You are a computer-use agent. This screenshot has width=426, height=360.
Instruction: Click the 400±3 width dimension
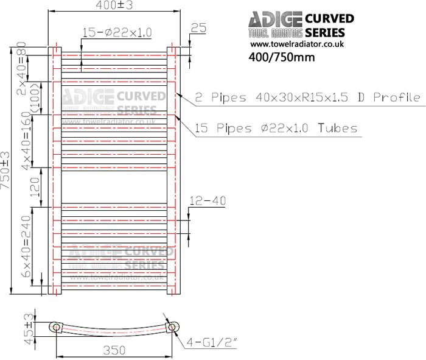click(114, 5)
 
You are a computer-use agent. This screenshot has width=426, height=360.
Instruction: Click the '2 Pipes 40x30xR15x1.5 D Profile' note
click(307, 97)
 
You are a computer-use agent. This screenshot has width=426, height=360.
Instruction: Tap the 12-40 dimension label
click(208, 200)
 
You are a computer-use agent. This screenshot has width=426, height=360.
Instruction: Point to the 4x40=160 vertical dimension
click(26, 140)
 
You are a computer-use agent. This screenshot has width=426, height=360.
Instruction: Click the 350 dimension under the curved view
click(114, 350)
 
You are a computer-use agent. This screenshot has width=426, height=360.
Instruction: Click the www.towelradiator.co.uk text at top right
click(297, 44)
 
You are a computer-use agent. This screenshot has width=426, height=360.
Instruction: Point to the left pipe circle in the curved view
click(56, 328)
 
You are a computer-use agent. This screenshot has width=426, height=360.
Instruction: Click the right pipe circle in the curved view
click(172, 328)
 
